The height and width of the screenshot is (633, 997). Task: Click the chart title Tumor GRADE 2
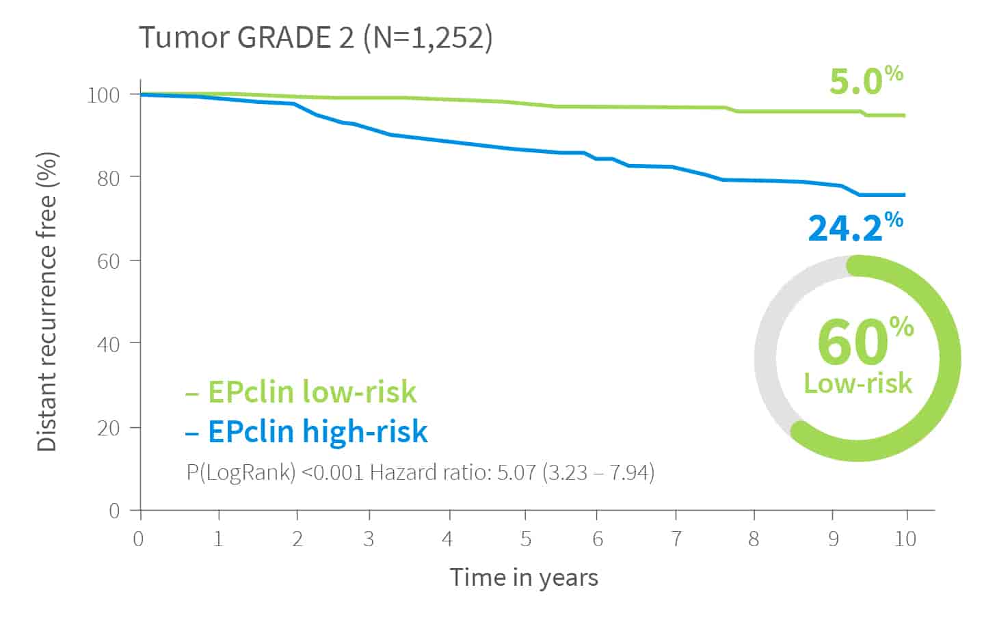coord(246,38)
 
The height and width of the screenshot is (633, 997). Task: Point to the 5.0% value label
coord(865,81)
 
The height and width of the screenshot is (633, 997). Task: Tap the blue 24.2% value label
coord(854,227)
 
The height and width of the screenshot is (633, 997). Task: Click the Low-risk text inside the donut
coord(858,383)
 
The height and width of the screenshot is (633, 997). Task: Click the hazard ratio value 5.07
coord(516,472)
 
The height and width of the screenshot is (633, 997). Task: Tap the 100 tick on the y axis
coord(103,94)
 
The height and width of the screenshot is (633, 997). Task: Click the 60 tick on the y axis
coord(108,261)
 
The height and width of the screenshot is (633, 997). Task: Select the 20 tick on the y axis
coord(108,428)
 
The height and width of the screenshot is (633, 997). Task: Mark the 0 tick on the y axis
coord(114,511)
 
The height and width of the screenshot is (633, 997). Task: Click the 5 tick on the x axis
coord(525,539)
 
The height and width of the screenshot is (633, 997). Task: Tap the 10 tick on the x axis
coord(905,539)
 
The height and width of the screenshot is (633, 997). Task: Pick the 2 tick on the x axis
coord(297,539)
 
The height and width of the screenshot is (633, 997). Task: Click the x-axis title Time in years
coord(524,578)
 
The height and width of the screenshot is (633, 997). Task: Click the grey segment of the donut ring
coord(769,342)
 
